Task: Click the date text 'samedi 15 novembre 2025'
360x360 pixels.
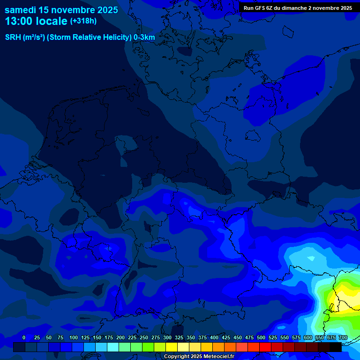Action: click(61, 10)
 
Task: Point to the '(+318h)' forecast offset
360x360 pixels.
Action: click(83, 21)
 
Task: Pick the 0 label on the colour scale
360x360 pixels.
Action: click(24, 337)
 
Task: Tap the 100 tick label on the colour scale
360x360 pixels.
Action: click(74, 337)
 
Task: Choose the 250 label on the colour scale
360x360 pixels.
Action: click(144, 337)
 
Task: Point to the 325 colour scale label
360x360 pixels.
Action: click(179, 337)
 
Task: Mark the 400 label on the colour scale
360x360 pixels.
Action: click(214, 337)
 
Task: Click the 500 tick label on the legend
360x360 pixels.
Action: click(261, 337)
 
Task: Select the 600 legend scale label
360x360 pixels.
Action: click(308, 337)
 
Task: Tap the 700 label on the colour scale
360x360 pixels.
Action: click(343, 337)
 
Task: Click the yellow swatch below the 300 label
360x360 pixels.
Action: click(172, 347)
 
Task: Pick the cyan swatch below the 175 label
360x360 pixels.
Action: click(113, 347)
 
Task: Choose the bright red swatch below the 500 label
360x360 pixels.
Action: click(265, 347)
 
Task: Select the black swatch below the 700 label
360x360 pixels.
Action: click(336, 347)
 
